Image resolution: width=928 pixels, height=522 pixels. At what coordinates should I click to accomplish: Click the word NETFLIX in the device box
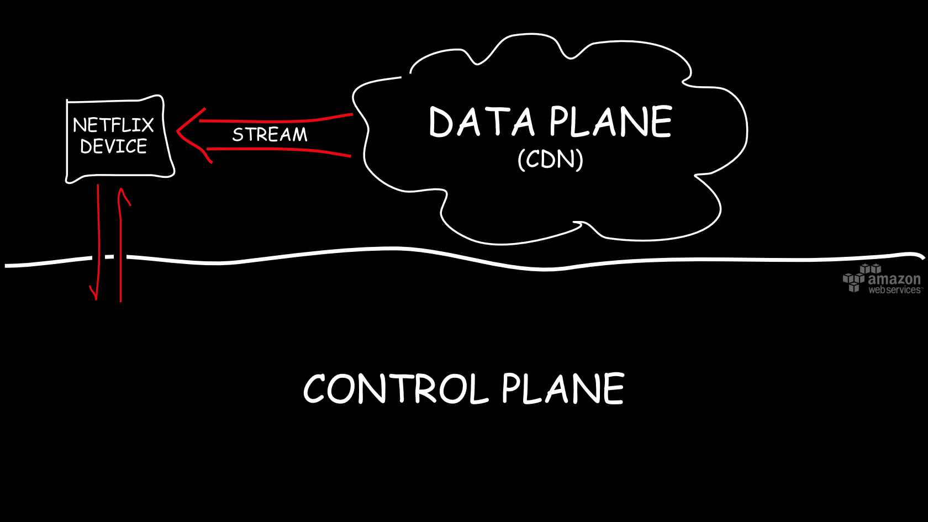point(113,125)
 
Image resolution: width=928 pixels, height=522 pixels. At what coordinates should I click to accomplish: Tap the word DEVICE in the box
point(113,146)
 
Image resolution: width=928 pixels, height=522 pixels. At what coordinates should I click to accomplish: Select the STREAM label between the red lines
point(270,135)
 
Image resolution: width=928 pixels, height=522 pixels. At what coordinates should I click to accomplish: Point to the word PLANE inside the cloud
point(610,122)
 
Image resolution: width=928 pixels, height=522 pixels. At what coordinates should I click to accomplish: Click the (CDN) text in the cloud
point(550,160)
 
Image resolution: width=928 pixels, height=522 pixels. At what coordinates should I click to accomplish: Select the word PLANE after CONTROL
point(563,389)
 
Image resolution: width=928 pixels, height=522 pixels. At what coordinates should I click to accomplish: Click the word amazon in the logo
point(894,278)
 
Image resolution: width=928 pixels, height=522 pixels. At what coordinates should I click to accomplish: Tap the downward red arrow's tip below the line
point(96,297)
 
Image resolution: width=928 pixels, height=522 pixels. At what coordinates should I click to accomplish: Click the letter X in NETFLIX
point(146,125)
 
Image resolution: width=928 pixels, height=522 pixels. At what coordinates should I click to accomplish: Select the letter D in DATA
point(441,123)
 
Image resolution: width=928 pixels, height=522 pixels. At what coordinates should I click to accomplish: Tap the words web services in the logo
point(894,290)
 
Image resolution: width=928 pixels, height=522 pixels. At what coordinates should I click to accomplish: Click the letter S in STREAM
point(238,135)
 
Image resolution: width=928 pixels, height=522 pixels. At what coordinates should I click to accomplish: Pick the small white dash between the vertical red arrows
point(109,257)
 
